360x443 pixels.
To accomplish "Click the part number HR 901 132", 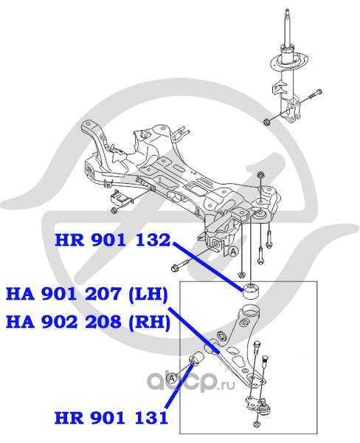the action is [x=113, y=241].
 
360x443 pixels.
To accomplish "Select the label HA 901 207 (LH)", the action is [x=87, y=295].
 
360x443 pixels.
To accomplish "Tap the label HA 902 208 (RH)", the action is [x=88, y=323].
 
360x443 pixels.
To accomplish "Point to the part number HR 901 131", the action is [x=111, y=418].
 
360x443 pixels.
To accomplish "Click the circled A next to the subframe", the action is [x=233, y=251].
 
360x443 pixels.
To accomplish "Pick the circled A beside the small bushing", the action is [x=171, y=378].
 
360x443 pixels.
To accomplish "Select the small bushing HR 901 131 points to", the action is [x=197, y=359].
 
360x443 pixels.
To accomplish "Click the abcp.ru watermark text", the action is [x=192, y=382].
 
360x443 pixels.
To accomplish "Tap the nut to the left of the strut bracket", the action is [x=266, y=123].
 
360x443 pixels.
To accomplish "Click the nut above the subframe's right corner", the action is [x=260, y=176].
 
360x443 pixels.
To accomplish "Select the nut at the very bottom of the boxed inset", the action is [x=256, y=431].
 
